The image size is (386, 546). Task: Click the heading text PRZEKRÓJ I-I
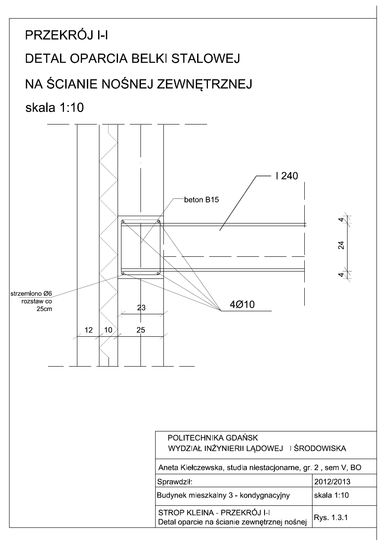(67, 35)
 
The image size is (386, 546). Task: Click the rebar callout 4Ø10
(237, 305)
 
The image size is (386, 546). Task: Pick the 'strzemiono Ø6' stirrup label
(31, 294)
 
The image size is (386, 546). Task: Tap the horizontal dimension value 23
(141, 308)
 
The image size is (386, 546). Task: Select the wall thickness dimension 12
(88, 330)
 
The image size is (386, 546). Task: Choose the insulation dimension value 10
(108, 330)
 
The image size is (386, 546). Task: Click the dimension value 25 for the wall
(141, 330)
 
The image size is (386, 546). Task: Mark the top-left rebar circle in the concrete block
(123, 222)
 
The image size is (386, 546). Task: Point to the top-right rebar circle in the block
(159, 222)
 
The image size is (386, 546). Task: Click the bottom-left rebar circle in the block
(123, 273)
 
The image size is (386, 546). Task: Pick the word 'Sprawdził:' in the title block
(175, 480)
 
